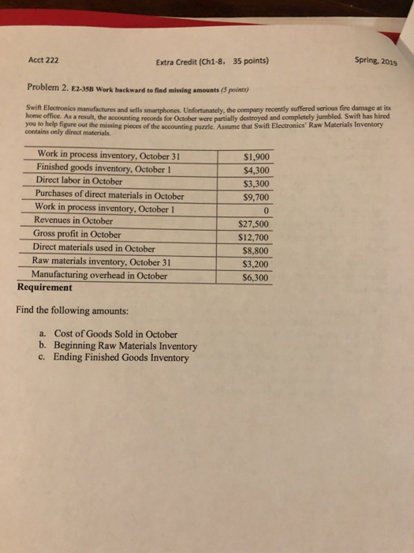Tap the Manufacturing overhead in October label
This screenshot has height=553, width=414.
tap(99, 276)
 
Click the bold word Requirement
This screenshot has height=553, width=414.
tap(48, 288)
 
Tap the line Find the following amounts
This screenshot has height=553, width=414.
tap(71, 310)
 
